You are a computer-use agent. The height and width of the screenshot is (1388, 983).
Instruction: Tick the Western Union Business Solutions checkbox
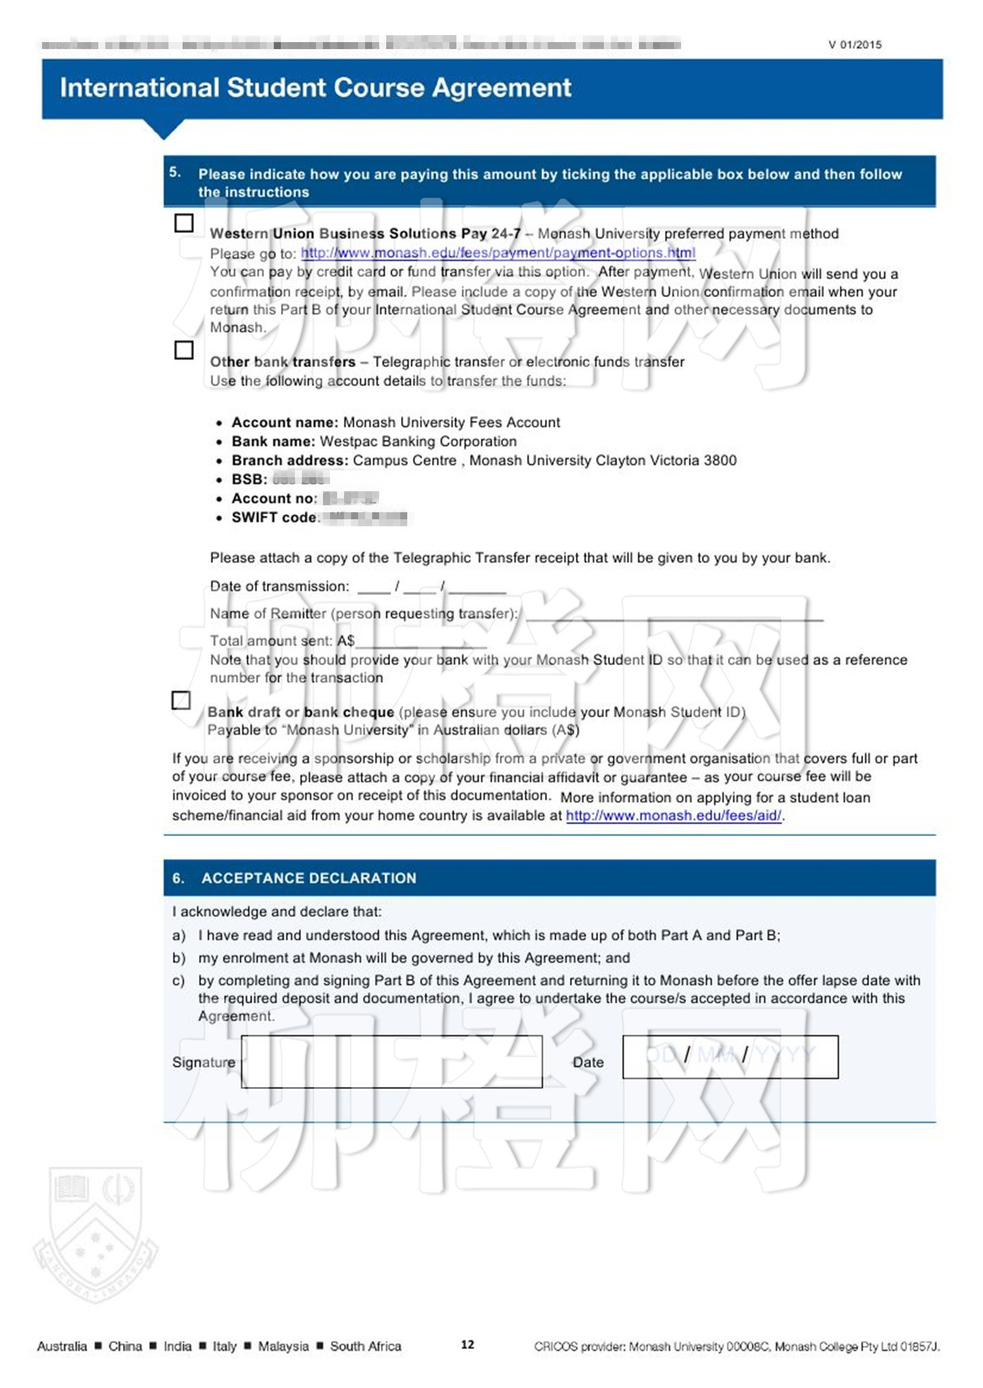point(184,223)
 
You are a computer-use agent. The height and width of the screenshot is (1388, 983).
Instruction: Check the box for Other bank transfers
point(184,350)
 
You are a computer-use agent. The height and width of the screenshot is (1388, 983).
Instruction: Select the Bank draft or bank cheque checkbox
point(181,700)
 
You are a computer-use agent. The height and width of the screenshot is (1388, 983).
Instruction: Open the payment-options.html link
point(498,253)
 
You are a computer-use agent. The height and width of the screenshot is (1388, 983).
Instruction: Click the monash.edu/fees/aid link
point(673,815)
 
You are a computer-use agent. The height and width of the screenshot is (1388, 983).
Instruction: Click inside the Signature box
point(391,1062)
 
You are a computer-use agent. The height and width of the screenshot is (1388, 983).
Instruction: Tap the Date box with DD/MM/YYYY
point(730,1057)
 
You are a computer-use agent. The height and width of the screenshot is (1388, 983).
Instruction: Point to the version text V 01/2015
point(855,45)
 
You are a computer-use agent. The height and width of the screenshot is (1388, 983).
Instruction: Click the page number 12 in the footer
point(468,1344)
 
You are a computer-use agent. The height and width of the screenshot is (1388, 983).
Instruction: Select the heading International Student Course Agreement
point(315,88)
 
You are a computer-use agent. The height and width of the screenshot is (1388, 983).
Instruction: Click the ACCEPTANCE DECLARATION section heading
point(309,878)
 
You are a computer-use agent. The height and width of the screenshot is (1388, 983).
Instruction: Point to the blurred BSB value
point(301,480)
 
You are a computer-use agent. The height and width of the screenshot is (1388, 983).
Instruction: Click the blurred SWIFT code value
point(365,518)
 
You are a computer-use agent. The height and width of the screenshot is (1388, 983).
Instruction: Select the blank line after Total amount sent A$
point(421,643)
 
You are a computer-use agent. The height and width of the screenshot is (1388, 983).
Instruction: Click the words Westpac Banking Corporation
point(418,441)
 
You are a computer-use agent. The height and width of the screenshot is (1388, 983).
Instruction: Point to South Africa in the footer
point(365,1346)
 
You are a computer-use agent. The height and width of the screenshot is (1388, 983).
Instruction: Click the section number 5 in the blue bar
point(175,173)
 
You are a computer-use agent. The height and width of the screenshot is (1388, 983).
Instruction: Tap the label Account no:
point(275,498)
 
